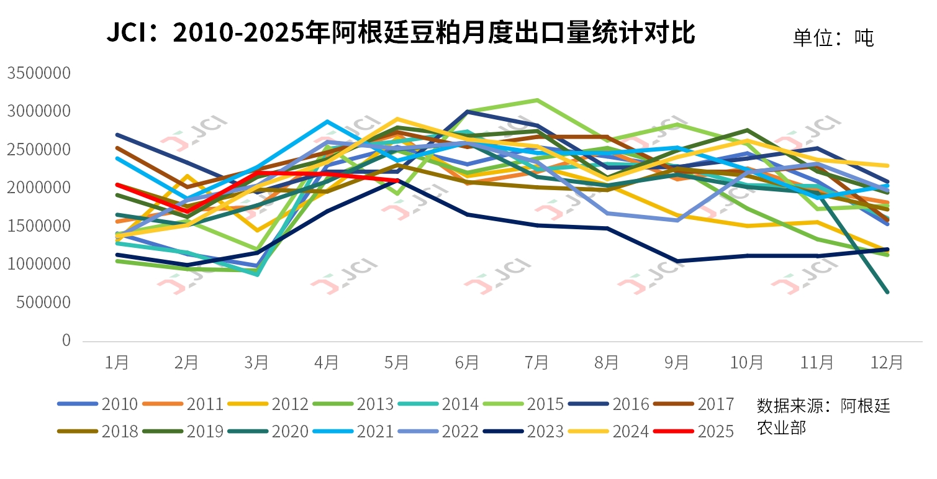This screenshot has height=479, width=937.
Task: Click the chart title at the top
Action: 401,33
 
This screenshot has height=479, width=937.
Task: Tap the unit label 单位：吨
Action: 833,38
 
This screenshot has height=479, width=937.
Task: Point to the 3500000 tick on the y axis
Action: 38,73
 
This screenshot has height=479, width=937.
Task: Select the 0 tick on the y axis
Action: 66,341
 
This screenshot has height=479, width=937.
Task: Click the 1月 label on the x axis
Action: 117,362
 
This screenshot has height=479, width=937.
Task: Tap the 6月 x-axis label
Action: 467,362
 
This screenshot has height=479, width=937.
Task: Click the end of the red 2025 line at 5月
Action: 397,181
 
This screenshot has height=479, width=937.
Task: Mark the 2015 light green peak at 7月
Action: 537,100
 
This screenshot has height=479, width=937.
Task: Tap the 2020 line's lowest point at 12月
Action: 887,292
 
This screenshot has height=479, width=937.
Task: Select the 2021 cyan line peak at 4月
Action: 327,122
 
